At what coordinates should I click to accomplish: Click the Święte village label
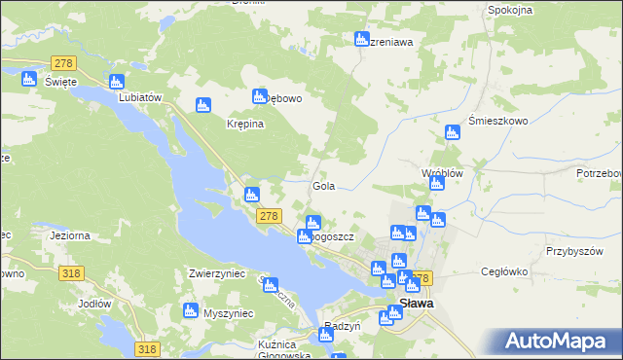61,82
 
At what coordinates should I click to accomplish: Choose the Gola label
323,185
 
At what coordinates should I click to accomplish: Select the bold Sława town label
417,304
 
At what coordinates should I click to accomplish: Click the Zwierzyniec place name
217,274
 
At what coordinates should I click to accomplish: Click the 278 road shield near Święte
64,62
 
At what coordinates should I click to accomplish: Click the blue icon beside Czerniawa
362,41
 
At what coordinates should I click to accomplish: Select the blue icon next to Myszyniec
191,312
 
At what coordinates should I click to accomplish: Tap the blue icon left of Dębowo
260,96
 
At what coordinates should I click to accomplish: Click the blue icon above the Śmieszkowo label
451,132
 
